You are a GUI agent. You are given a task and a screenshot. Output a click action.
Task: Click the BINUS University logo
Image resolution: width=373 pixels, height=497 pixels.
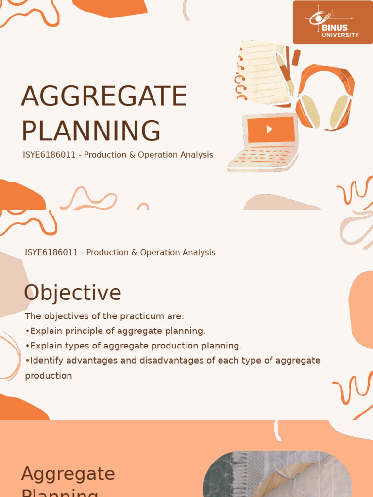coord(333,22)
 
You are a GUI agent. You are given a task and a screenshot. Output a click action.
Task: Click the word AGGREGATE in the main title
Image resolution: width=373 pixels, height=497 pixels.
coord(104,96)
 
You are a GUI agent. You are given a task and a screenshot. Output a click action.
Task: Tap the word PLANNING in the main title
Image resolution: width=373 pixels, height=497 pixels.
coord(91,131)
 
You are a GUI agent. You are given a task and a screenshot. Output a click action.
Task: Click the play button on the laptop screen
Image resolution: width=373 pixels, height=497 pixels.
coord(270,130)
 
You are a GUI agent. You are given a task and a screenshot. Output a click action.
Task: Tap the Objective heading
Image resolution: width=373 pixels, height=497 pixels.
coord(72,293)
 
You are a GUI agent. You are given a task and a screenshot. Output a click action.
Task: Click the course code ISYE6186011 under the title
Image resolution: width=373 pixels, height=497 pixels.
coord(49,155)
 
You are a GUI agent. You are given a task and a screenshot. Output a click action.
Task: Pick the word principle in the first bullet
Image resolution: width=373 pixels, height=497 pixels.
coord(78,331)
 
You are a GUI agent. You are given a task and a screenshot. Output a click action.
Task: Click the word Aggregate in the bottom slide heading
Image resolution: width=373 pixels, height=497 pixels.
coord(68,474)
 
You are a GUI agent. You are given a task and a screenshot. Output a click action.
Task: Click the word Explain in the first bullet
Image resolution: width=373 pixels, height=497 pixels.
coord(45,331)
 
